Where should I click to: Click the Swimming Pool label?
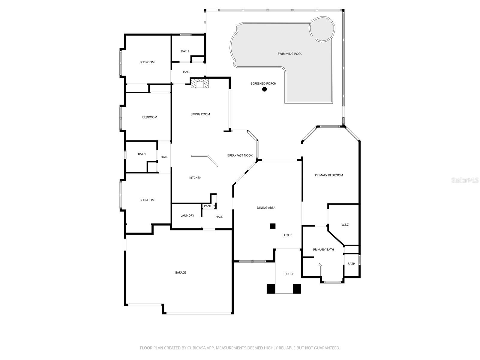click(x=289, y=54)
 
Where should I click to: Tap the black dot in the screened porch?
click(x=264, y=89)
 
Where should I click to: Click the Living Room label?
click(x=200, y=114)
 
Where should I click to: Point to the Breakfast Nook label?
click(x=240, y=155)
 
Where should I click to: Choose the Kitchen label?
click(x=195, y=178)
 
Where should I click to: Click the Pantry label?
click(x=209, y=206)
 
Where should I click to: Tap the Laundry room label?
click(x=187, y=216)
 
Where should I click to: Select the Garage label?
click(x=181, y=273)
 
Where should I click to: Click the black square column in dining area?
click(x=272, y=226)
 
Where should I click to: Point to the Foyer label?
click(x=287, y=235)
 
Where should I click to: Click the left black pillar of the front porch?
click(x=271, y=289)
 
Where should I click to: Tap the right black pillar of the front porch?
click(x=297, y=289)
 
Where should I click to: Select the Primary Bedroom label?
click(x=329, y=175)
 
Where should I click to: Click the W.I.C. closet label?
click(x=345, y=225)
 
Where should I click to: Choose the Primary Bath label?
click(x=323, y=250)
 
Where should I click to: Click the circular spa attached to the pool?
click(x=322, y=28)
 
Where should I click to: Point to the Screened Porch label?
click(x=263, y=84)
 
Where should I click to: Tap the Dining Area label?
click(x=266, y=208)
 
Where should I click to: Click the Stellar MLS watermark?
click(x=465, y=180)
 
